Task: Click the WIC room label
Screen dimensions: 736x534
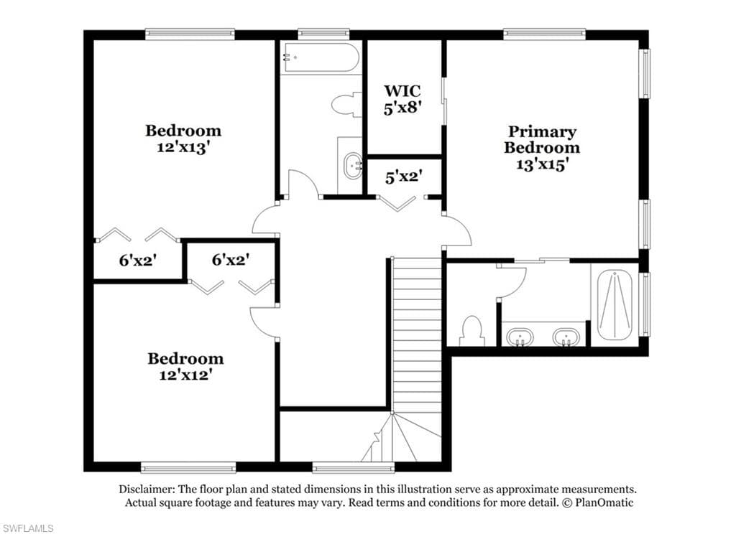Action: click(x=402, y=90)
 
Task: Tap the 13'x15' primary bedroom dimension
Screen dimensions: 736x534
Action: click(x=543, y=164)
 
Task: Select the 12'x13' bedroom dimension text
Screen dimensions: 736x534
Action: click(x=183, y=148)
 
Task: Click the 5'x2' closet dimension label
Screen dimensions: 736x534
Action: click(x=404, y=177)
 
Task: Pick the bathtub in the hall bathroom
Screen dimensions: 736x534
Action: click(x=321, y=57)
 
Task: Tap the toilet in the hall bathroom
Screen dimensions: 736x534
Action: click(x=346, y=103)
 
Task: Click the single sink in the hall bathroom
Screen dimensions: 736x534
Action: click(x=352, y=166)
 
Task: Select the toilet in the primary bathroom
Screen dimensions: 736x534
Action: click(x=472, y=331)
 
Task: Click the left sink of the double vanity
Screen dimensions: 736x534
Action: click(x=520, y=337)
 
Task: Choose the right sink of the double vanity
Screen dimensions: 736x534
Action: click(x=566, y=337)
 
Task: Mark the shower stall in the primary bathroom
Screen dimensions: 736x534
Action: click(x=615, y=305)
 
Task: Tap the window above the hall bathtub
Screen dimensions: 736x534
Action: click(x=324, y=34)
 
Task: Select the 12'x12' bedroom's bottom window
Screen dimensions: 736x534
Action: click(x=188, y=467)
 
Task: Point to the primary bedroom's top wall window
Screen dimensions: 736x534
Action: click(x=545, y=34)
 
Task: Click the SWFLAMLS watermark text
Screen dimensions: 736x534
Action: click(x=27, y=528)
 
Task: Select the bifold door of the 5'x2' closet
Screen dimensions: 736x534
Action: click(x=398, y=202)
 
